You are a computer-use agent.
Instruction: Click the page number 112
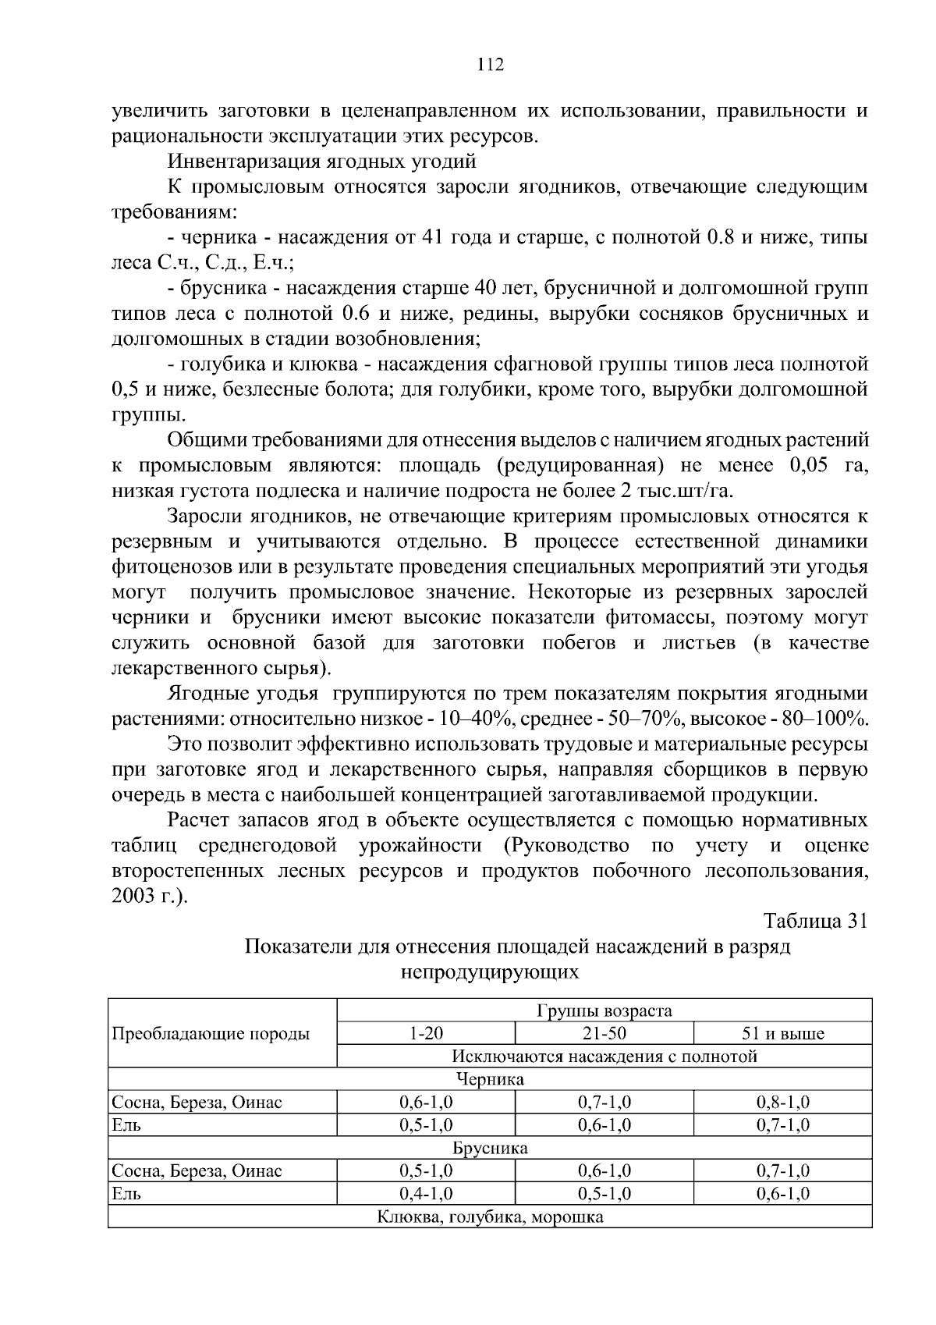click(491, 65)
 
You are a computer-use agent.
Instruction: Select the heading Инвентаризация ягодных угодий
click(321, 162)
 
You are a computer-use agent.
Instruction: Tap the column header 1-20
click(426, 1034)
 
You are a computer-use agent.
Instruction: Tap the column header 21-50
click(604, 1034)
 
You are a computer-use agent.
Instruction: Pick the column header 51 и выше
click(782, 1035)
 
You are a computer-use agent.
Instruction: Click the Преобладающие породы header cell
click(211, 1034)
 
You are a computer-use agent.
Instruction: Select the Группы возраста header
click(604, 1011)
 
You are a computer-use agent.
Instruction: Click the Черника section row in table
click(490, 1080)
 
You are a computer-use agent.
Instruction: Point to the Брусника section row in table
click(490, 1149)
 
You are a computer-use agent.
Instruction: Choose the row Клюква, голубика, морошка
click(490, 1217)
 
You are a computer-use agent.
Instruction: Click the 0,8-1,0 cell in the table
click(782, 1103)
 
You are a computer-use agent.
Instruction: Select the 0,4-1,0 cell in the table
click(426, 1194)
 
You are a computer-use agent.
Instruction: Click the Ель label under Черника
click(126, 1125)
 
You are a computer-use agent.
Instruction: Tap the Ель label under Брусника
click(126, 1194)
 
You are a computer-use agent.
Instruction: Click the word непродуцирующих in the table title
click(490, 972)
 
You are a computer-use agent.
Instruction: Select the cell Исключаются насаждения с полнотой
click(604, 1057)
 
